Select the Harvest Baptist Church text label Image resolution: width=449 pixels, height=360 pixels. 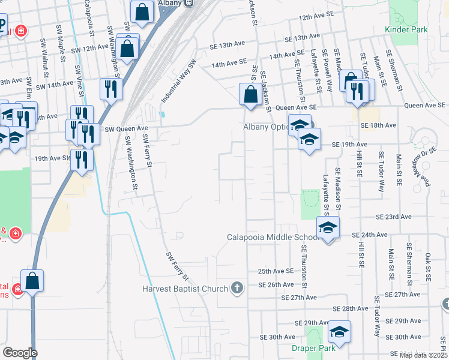(185, 289)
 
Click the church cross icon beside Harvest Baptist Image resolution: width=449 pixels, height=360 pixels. (237, 289)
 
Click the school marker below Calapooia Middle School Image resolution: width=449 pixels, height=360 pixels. (328, 228)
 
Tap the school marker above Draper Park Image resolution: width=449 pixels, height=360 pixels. (339, 332)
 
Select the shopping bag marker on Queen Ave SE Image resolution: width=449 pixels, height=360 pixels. (250, 94)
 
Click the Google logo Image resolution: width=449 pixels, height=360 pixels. (20, 353)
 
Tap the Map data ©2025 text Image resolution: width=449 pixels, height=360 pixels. (423, 355)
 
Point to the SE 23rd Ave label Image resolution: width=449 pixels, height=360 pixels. (394, 217)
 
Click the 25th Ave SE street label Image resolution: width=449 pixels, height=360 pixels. (276, 271)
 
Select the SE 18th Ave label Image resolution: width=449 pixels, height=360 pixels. (379, 125)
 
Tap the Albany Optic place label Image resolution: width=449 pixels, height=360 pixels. (266, 127)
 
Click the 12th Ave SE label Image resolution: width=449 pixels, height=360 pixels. (316, 18)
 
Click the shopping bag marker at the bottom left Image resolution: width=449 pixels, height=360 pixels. (32, 281)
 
